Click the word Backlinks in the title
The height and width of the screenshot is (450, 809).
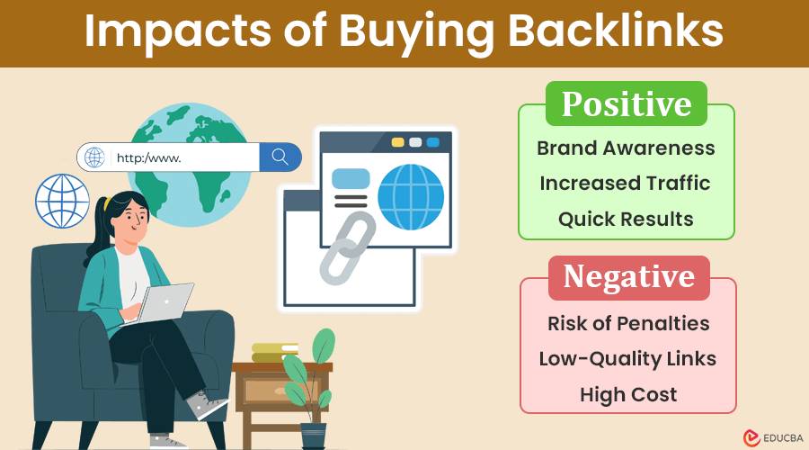click(x=616, y=31)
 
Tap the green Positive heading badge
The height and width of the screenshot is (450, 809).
click(x=627, y=103)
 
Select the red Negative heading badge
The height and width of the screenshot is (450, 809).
click(x=629, y=277)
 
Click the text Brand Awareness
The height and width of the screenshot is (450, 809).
click(x=626, y=148)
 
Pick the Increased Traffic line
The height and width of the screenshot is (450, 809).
click(x=626, y=184)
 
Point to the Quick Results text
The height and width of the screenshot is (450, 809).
click(x=626, y=219)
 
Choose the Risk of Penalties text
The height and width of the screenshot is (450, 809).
click(x=628, y=324)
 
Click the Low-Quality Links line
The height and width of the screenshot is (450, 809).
click(x=627, y=359)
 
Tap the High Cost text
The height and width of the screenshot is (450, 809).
click(x=628, y=395)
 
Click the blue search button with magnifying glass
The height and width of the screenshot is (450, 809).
click(x=280, y=157)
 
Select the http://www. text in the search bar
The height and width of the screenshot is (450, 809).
click(x=148, y=157)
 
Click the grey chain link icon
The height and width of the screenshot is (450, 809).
click(x=347, y=248)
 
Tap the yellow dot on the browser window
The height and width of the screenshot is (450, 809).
click(x=398, y=142)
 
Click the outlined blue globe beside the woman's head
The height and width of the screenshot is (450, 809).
click(x=62, y=201)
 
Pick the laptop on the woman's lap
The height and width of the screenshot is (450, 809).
click(x=159, y=304)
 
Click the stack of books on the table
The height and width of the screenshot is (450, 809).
click(x=274, y=353)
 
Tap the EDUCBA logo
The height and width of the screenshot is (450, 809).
click(x=773, y=438)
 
